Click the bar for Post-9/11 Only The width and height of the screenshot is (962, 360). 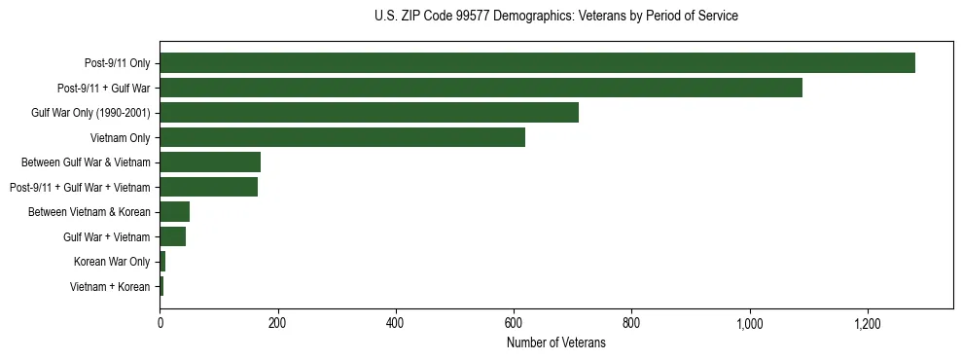click(537, 63)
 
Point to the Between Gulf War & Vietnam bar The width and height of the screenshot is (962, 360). click(210, 162)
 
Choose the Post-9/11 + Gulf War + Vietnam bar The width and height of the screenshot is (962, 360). click(208, 187)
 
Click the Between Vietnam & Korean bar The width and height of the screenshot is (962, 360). click(174, 212)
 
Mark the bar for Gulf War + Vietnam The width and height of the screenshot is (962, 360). click(172, 236)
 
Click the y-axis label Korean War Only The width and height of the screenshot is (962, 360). click(112, 262)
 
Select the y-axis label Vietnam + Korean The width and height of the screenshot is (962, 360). click(110, 287)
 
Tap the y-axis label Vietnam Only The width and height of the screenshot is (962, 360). click(120, 138)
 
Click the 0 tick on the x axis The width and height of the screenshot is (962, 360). click(160, 324)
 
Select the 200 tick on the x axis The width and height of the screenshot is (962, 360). click(277, 324)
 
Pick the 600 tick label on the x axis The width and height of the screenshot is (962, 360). click(514, 324)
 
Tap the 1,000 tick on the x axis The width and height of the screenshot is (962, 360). click(749, 324)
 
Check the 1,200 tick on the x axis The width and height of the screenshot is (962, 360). click(867, 324)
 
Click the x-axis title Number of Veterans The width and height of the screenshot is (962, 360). click(555, 343)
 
